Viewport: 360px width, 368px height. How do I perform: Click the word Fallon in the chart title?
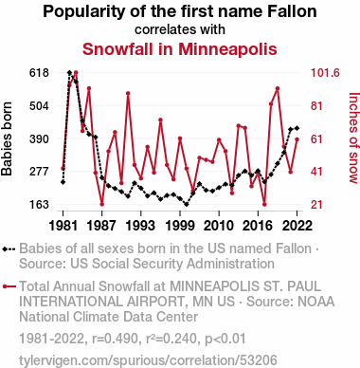pos(292,11)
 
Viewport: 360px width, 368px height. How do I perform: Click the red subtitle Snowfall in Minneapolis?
pos(180,49)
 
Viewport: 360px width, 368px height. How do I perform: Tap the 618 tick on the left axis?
pos(39,73)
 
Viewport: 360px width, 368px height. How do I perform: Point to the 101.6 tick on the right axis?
pos(325,73)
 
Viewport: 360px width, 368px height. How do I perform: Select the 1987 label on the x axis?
pos(102,226)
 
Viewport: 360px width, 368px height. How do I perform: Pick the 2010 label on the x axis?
pos(219,226)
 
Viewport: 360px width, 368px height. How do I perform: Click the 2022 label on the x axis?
pos(297,226)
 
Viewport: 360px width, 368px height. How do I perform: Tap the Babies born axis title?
pos(7,138)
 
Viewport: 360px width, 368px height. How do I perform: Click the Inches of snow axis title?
pos(354,138)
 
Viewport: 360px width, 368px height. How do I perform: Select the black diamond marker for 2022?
pos(297,128)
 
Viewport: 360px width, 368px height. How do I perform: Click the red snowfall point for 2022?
pos(297,139)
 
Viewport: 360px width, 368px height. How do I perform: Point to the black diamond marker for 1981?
pos(63,182)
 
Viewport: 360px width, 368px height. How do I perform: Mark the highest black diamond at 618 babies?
pos(69,73)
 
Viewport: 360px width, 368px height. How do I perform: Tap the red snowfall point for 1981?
pos(63,168)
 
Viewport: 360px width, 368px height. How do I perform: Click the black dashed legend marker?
pos(9,249)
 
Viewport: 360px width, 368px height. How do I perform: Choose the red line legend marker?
pos(9,286)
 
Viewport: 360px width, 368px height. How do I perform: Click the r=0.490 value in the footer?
pos(116,339)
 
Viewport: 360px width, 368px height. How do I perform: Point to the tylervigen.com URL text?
pos(148,360)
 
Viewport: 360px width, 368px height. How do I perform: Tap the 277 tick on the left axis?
pos(39,172)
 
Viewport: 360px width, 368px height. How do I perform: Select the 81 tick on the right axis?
pos(316,106)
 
